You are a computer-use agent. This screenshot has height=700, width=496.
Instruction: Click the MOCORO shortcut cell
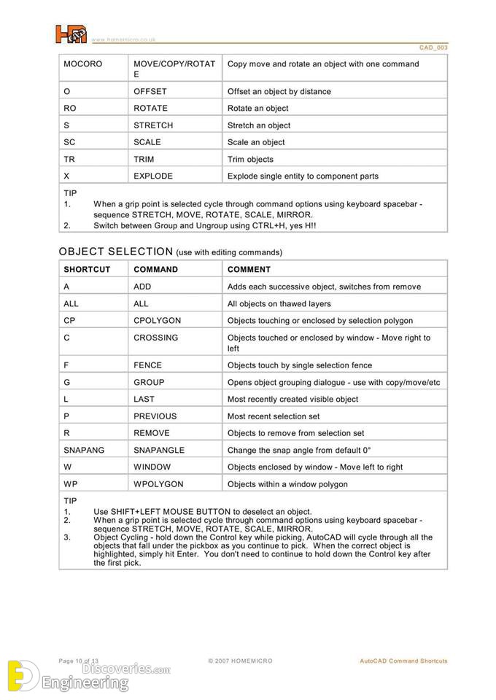[83, 64]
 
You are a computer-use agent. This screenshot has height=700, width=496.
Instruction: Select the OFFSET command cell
[150, 91]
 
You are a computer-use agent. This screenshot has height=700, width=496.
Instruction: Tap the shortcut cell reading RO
[69, 108]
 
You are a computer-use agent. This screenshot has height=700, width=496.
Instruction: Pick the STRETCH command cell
[153, 125]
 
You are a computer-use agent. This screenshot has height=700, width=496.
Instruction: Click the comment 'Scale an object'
[256, 142]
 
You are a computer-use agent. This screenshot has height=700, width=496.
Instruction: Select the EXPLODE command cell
[153, 176]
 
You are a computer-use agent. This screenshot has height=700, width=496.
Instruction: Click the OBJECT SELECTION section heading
[115, 252]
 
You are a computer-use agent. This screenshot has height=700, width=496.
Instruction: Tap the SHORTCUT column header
[87, 269]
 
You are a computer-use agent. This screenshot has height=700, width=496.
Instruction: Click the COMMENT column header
[249, 269]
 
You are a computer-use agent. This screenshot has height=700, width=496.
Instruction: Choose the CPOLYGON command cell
[157, 321]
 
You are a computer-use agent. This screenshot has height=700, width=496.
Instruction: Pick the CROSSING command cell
[155, 338]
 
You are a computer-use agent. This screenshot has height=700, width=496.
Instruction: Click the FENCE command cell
[147, 365]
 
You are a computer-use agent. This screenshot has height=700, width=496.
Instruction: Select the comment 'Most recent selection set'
[274, 416]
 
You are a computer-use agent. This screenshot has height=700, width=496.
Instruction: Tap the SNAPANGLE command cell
[159, 450]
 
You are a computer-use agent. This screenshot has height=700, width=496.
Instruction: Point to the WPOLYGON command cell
[158, 484]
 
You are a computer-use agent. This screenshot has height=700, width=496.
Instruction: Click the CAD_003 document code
[433, 47]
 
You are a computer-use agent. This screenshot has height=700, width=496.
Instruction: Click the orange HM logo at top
[71, 34]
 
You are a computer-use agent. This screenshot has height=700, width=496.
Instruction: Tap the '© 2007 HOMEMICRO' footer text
[240, 661]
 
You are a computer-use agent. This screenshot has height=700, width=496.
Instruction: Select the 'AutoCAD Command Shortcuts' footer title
[403, 661]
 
